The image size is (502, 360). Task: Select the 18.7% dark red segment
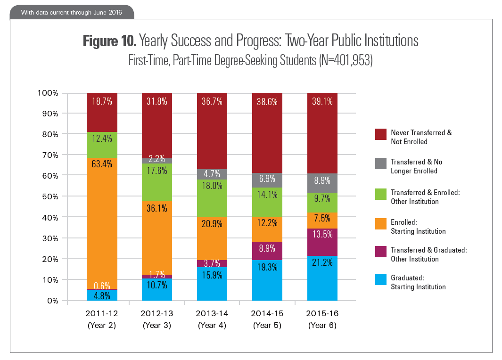click(102, 112)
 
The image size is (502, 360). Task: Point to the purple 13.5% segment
click(322, 242)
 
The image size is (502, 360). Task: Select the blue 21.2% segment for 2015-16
click(322, 278)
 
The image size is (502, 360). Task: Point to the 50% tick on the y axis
click(48, 196)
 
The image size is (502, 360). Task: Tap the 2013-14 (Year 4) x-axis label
click(212, 319)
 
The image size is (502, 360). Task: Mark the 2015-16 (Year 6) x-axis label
click(322, 319)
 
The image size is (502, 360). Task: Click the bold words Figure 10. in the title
click(109, 41)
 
